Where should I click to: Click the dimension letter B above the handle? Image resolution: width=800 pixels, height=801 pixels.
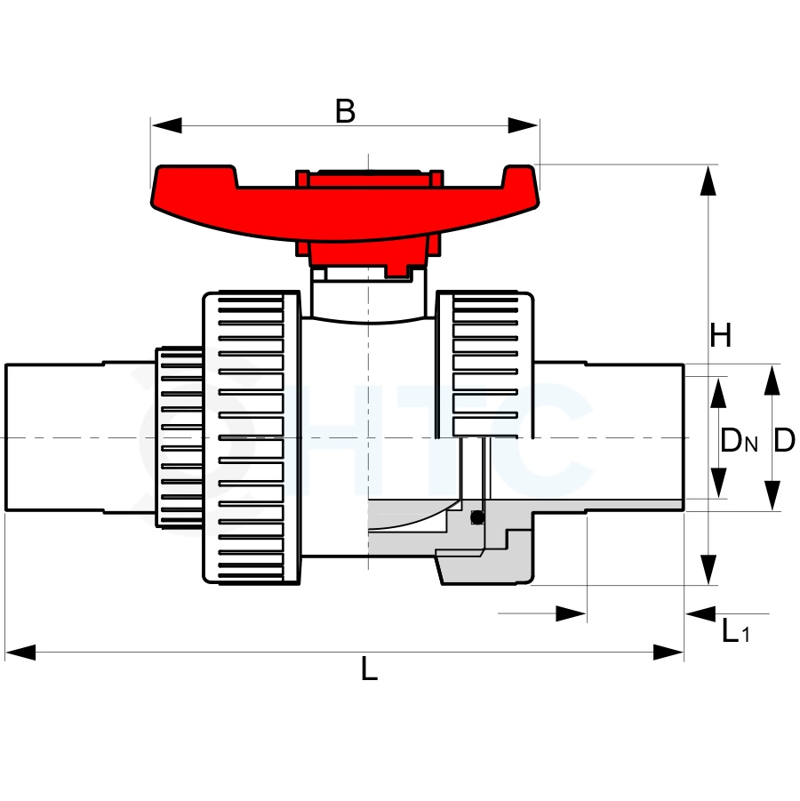[346, 111]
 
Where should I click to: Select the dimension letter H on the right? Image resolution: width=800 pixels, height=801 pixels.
[721, 335]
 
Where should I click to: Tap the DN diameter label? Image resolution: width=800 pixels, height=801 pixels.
[739, 440]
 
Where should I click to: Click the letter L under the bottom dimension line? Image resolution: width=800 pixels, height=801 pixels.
[369, 669]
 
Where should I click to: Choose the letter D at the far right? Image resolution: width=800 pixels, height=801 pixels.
[784, 440]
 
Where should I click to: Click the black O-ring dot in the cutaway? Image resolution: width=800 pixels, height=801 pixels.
[477, 517]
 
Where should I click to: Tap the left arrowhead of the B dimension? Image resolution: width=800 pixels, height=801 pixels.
[166, 125]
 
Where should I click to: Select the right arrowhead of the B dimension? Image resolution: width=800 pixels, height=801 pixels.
[524, 125]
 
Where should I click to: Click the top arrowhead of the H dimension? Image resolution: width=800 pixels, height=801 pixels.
[708, 180]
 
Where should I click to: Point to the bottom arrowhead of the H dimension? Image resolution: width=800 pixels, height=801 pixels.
[708, 570]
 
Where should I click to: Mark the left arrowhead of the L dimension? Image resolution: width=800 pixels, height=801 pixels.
[20, 653]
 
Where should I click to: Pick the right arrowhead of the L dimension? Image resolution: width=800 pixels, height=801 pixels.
[668, 653]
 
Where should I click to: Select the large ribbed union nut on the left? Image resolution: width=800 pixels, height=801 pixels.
[252, 437]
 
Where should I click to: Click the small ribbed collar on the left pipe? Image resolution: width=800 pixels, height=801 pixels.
[179, 437]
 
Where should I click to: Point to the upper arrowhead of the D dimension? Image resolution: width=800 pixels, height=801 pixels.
[772, 380]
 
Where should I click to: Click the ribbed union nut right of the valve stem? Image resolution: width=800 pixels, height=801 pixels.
[484, 365]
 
